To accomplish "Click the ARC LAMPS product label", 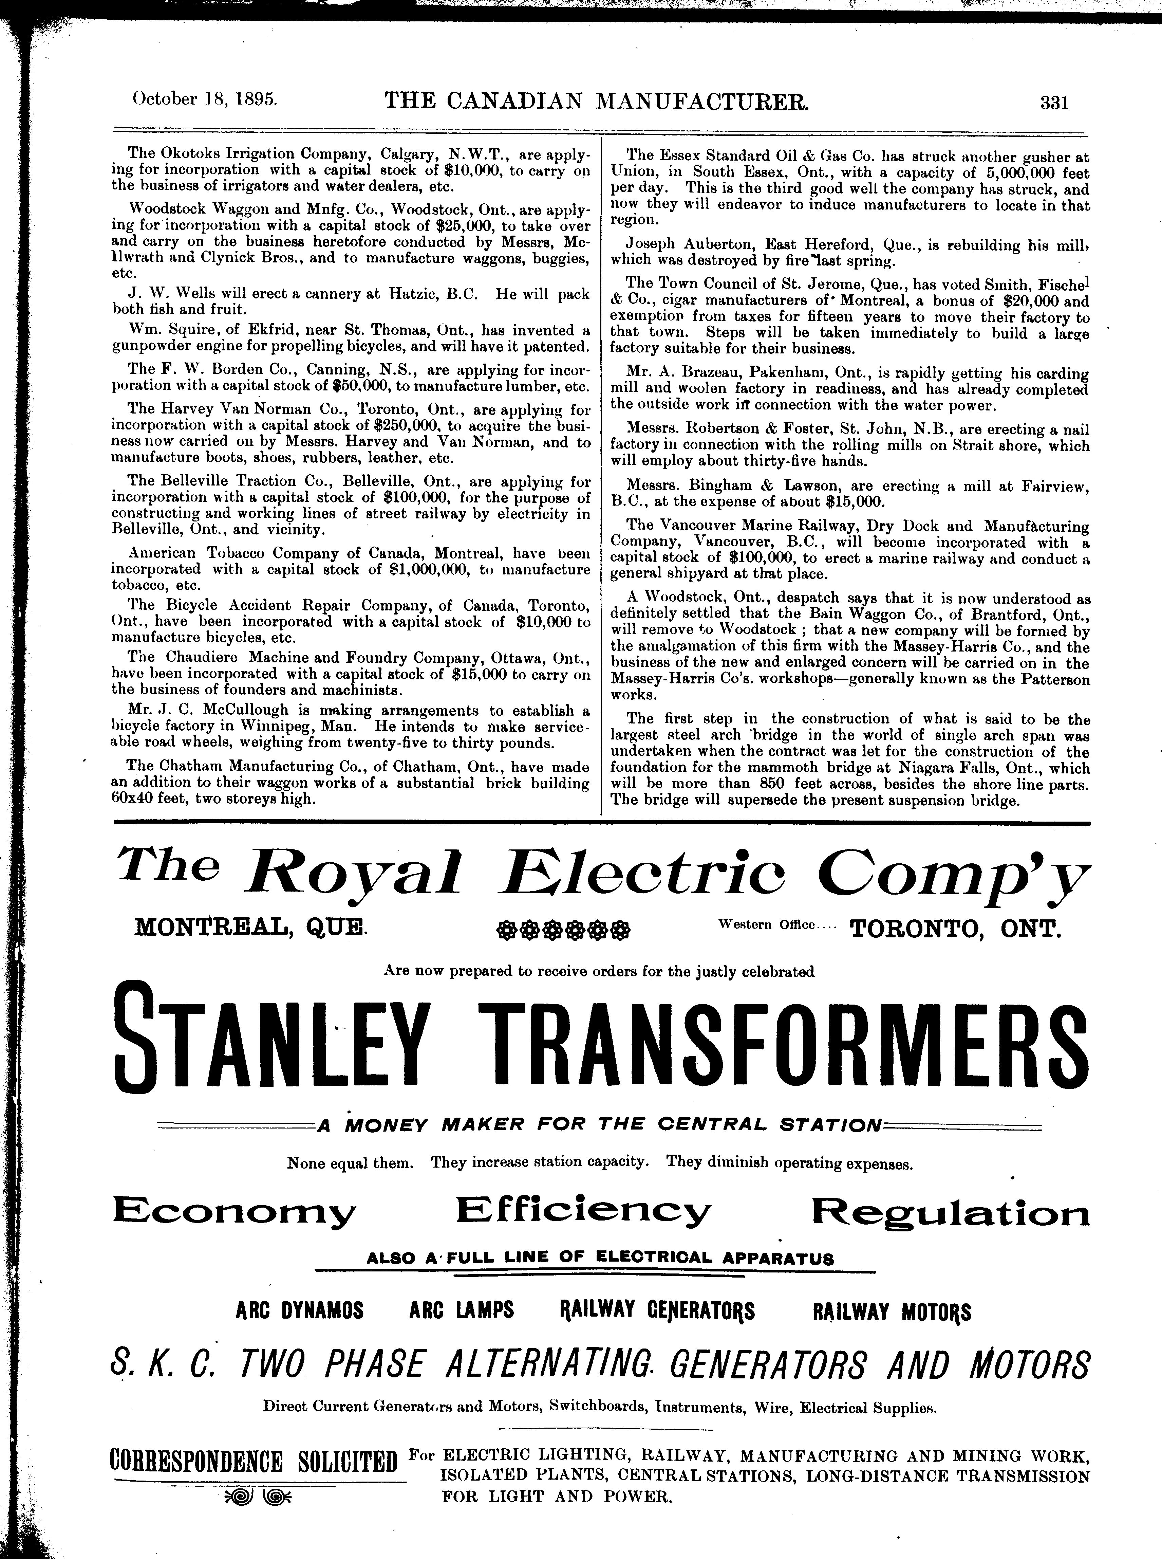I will pos(462,1310).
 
